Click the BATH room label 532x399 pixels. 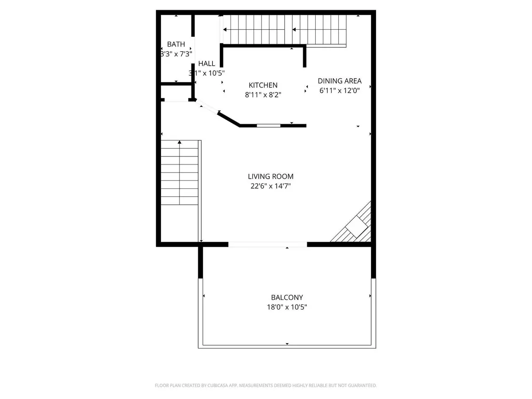point(176,44)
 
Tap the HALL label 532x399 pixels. point(207,63)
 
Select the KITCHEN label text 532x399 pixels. point(263,85)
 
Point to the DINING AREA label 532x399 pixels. point(340,81)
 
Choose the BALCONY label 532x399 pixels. point(287,297)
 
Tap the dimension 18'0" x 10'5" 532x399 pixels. point(287,307)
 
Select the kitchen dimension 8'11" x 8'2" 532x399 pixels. point(263,94)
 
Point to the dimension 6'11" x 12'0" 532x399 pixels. point(340,90)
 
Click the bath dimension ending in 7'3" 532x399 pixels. point(176,54)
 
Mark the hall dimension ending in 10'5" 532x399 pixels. point(207,73)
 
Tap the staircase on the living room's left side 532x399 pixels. point(180,173)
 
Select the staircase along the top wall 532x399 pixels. point(284,29)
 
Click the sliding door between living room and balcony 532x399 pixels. point(267,244)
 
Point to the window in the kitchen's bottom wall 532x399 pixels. point(269,126)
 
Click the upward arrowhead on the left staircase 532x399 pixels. point(180,142)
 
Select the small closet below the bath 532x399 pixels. point(176,92)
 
